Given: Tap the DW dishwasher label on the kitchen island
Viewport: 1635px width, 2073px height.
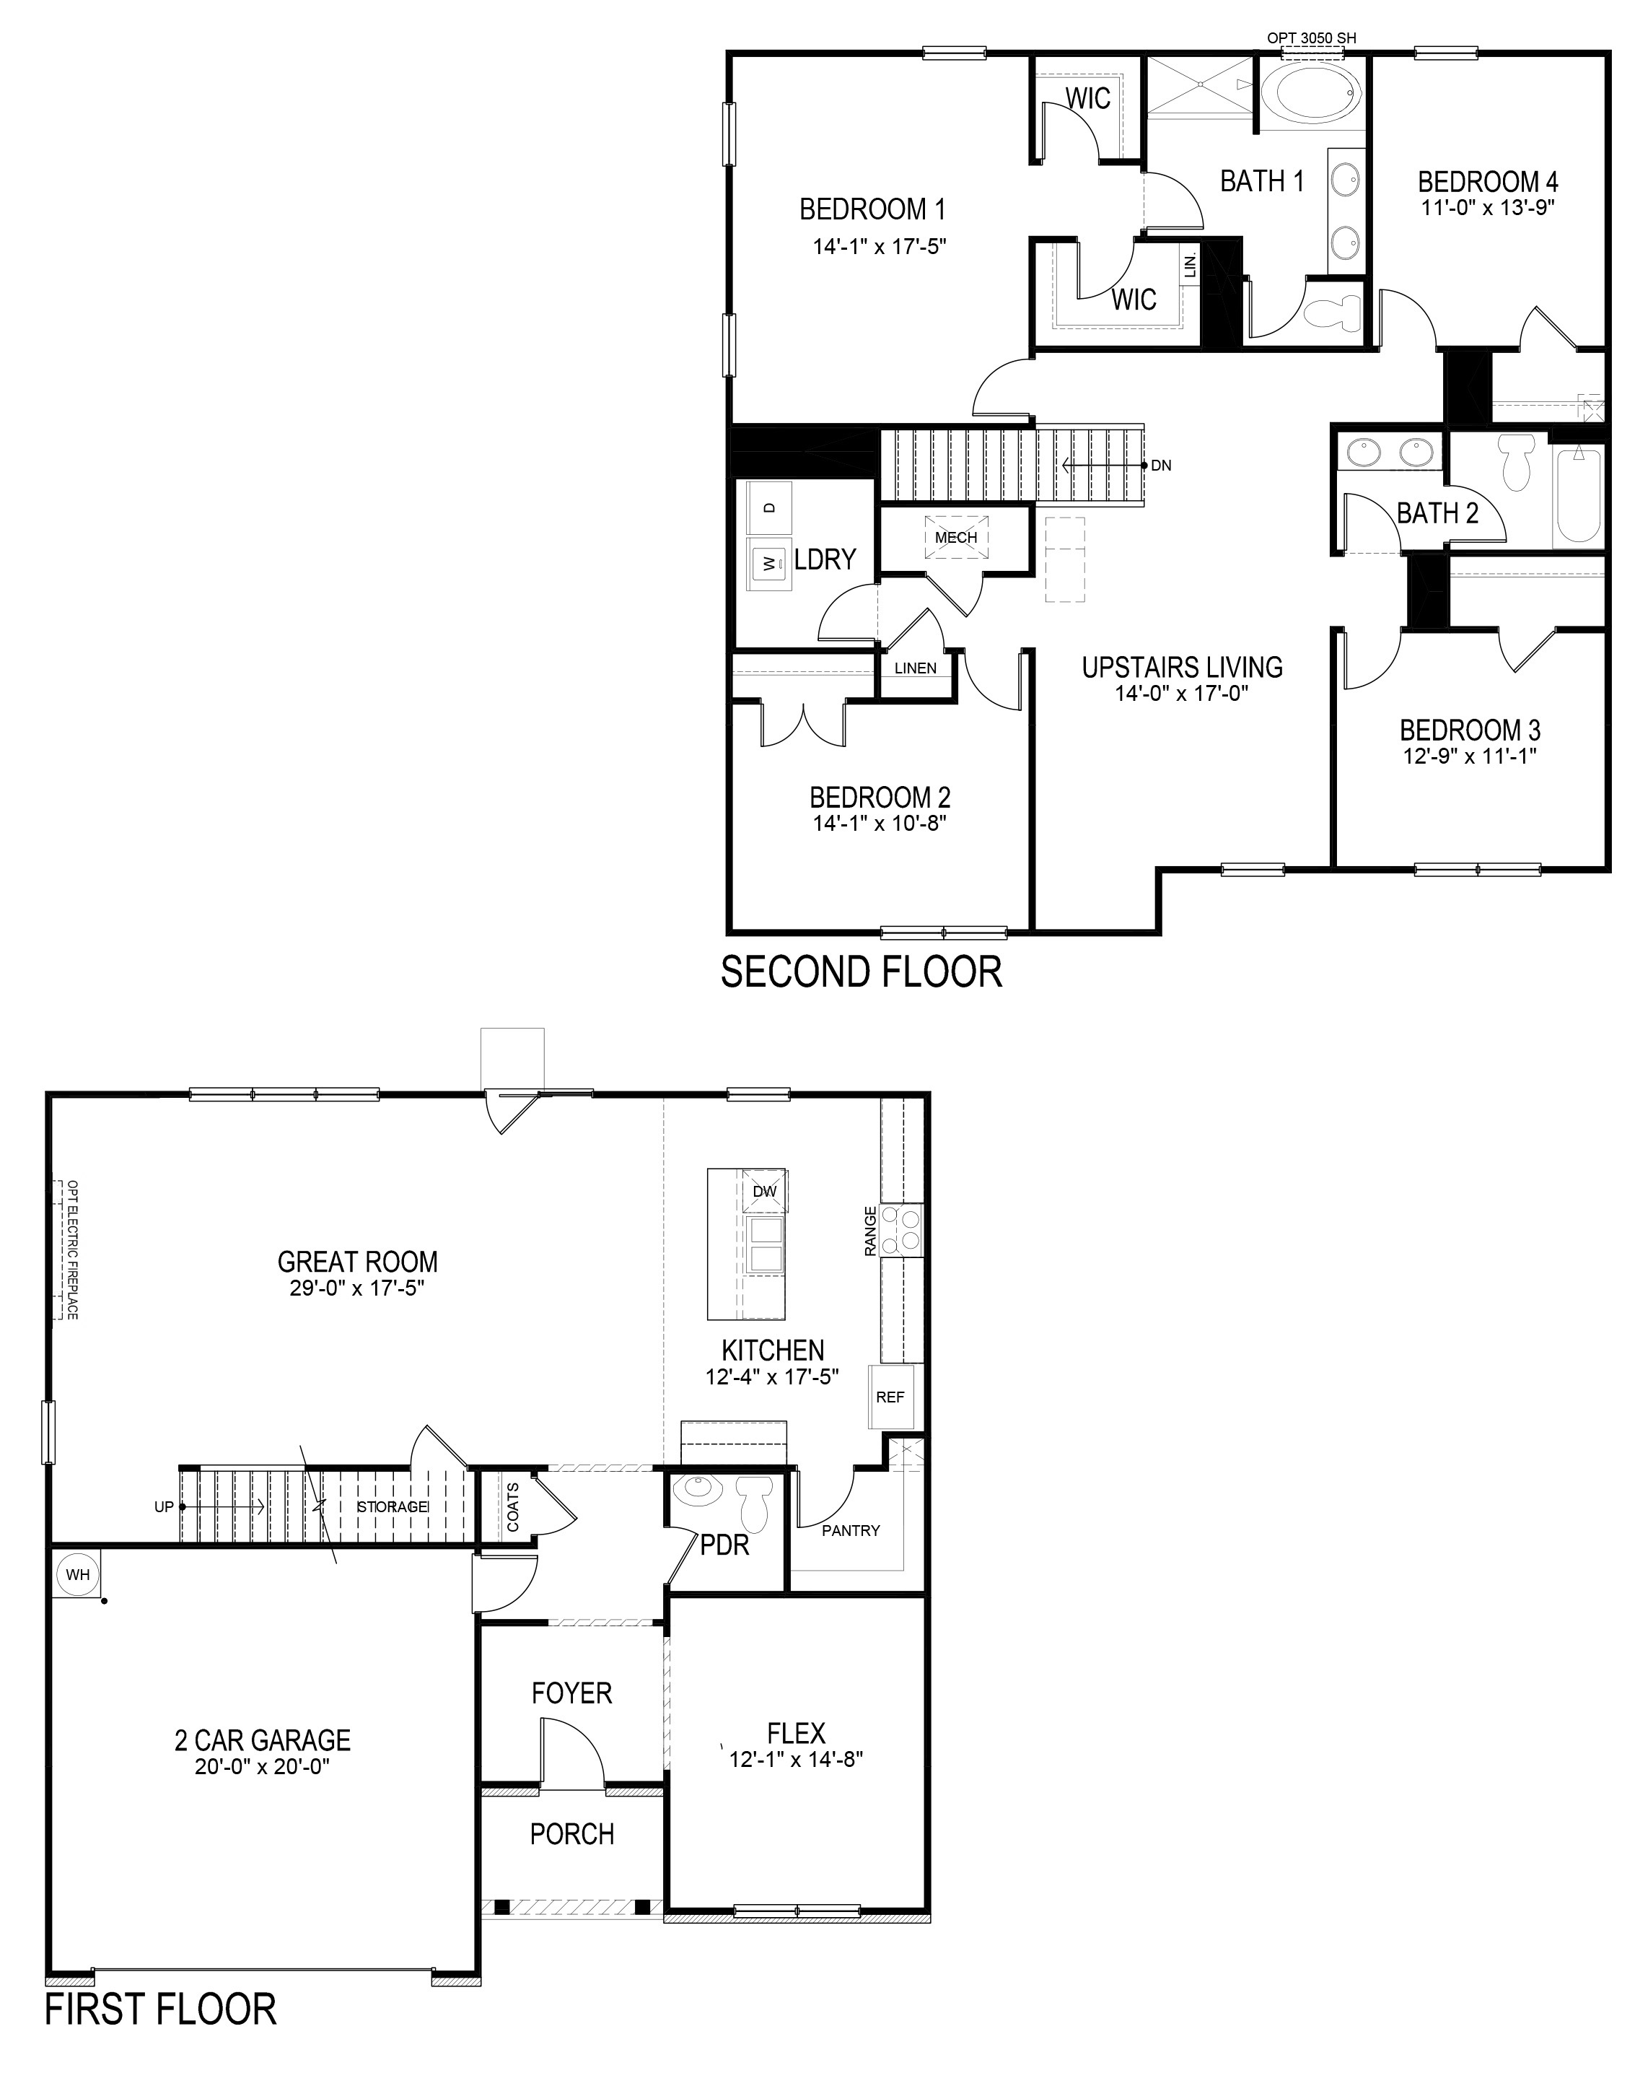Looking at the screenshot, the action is pyautogui.click(x=764, y=1191).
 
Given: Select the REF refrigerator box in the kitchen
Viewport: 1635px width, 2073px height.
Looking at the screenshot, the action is pyautogui.click(x=890, y=1397).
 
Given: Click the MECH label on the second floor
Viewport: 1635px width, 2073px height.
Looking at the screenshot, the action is pyautogui.click(x=956, y=537).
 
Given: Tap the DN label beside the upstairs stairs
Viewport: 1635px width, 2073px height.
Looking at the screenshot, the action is pyautogui.click(x=1161, y=466).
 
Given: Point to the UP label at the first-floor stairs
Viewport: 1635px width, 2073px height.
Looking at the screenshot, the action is pyautogui.click(x=165, y=1506).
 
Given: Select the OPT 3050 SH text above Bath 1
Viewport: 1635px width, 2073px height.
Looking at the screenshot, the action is pyautogui.click(x=1312, y=38).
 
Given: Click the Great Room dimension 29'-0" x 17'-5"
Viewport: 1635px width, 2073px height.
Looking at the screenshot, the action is pyautogui.click(x=357, y=1288).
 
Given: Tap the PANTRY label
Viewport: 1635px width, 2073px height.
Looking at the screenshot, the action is pyautogui.click(x=851, y=1530).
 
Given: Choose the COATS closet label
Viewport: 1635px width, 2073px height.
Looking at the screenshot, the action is pyautogui.click(x=513, y=1506).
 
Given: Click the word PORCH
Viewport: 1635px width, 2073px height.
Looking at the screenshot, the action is pyautogui.click(x=572, y=1833).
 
